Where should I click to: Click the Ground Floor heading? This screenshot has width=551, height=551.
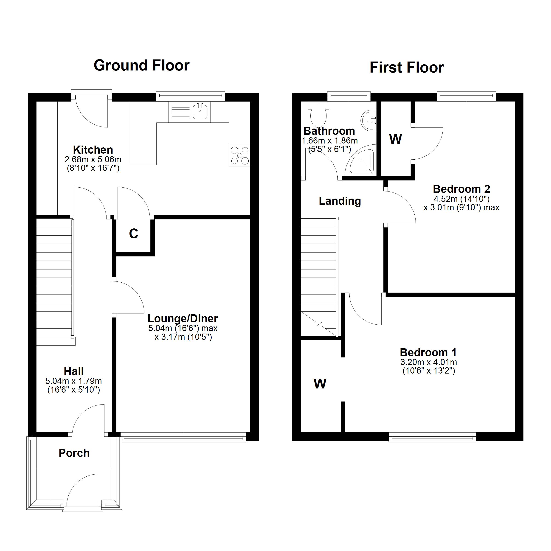pos(141,65)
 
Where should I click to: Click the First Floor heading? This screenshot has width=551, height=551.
pos(406,67)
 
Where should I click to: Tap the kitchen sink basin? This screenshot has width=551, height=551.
pos(200,112)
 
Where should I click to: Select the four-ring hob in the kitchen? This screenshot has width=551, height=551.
pos(239,155)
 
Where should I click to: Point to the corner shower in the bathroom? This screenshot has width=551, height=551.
pos(361,163)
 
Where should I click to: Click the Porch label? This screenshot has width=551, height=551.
pos(74,453)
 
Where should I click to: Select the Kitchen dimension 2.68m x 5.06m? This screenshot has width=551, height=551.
pos(93,159)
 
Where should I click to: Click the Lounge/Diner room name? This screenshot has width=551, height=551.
pos(183,318)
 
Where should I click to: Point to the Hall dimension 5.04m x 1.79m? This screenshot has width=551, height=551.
pos(73,381)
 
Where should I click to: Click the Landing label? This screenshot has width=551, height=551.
pos(340,201)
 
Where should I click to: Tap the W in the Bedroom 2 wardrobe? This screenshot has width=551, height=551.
pos(396,139)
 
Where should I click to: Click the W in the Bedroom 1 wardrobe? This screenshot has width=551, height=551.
pos(320,384)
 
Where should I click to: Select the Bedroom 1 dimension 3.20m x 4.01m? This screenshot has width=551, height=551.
pos(428,362)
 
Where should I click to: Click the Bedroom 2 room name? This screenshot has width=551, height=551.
pos(461,189)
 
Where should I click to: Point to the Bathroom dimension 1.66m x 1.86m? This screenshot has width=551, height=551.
pos(329,141)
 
